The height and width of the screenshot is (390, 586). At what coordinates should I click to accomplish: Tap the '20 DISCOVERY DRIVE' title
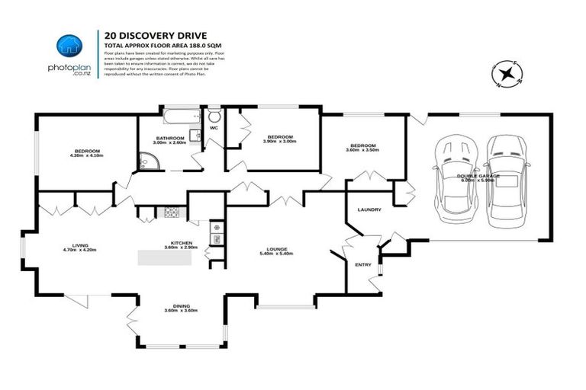tap(144, 34)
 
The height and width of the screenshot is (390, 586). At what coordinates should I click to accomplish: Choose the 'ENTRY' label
tap(363, 264)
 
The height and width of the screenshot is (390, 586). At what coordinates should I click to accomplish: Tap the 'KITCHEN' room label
tap(182, 244)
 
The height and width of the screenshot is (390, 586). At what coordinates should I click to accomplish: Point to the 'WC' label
tap(214, 127)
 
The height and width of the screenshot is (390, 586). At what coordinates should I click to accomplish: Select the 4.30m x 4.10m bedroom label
tap(85, 153)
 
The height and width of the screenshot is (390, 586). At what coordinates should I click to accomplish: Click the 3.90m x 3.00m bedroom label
tap(279, 139)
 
